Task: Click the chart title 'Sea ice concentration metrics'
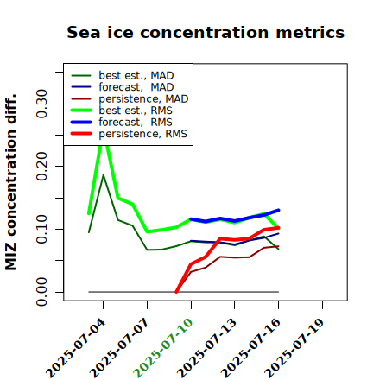(x=206, y=32)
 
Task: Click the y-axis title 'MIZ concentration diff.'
(x=10, y=182)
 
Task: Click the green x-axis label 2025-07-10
(x=163, y=348)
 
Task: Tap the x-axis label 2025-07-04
(x=75, y=348)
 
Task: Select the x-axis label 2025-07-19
(x=294, y=348)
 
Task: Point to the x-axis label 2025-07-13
(x=206, y=348)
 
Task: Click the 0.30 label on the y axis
(x=42, y=104)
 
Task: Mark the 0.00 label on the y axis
(x=42, y=292)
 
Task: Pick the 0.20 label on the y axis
(x=42, y=166)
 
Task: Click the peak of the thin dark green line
(x=104, y=175)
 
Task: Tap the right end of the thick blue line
(x=278, y=210)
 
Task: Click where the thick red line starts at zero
(x=176, y=292)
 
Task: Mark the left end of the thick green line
(x=89, y=213)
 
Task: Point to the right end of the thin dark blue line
(x=278, y=233)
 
